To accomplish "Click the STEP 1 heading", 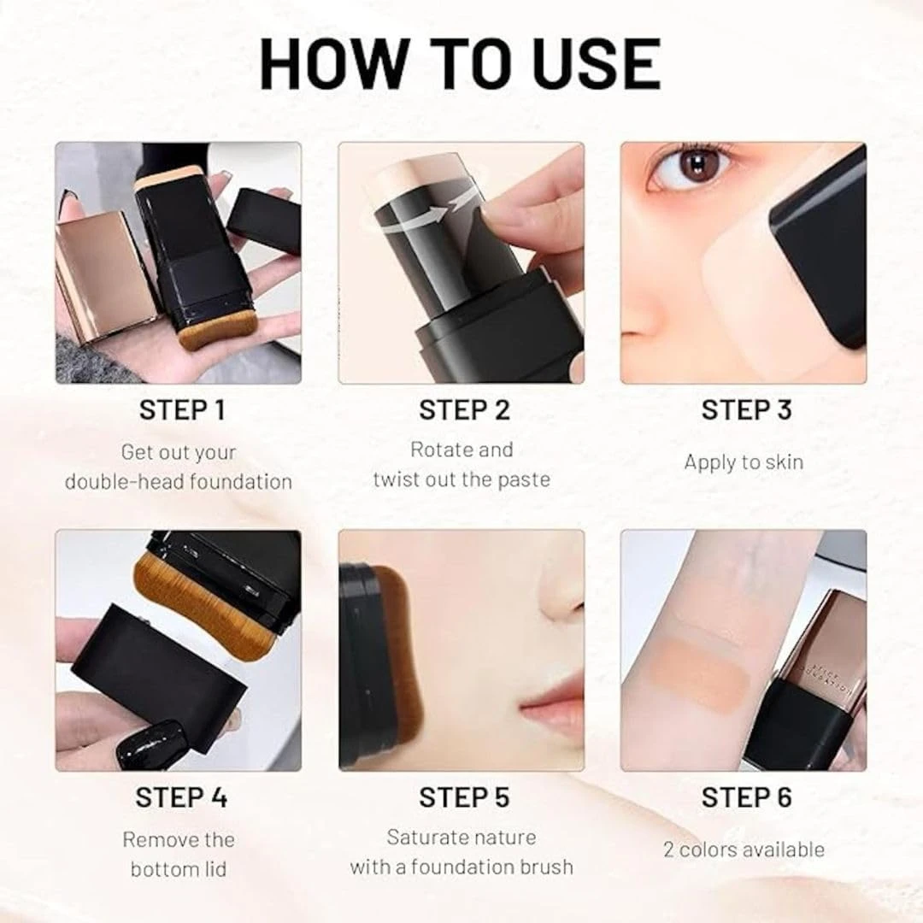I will [181, 410].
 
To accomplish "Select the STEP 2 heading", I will [464, 410].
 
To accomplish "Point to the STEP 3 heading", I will [746, 410].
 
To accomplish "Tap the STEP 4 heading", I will [181, 797].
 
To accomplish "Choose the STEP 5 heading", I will [464, 797].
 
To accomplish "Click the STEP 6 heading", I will [746, 797].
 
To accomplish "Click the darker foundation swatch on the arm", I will [697, 675].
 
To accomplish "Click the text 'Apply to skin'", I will [744, 462].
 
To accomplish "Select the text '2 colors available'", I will [744, 850].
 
